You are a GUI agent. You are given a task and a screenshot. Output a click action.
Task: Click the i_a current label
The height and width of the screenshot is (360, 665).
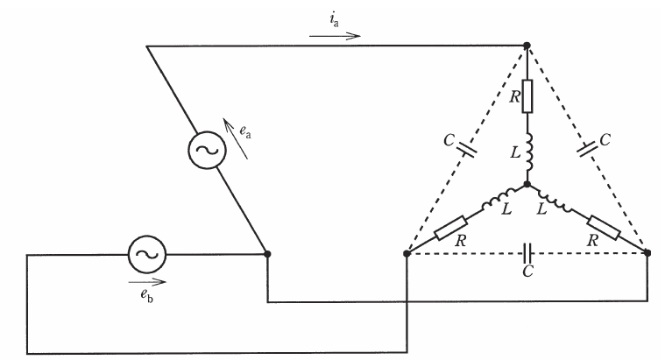pos(334,20)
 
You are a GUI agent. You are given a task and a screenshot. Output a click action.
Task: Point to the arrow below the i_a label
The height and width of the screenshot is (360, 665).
pos(335,36)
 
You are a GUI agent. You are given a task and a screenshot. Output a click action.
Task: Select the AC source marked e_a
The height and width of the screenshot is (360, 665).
pos(207,150)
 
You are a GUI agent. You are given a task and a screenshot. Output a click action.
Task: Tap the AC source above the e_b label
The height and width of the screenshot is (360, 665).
pos(147,254)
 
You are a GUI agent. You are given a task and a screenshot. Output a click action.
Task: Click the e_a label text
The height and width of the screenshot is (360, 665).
pos(245,131)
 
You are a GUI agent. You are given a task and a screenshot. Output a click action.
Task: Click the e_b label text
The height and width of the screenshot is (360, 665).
pos(147,295)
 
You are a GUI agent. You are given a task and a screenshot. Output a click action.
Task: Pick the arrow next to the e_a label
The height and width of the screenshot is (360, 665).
pos(236,139)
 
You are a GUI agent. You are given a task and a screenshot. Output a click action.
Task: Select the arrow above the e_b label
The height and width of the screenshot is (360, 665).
pos(147,281)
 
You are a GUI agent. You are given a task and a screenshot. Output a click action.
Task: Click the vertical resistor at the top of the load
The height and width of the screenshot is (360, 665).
pos(527,96)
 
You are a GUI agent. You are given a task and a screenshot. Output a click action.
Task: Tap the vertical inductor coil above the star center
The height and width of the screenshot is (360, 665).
pos(528,151)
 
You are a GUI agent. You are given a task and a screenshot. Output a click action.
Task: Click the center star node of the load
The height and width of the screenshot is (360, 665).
pos(527,185)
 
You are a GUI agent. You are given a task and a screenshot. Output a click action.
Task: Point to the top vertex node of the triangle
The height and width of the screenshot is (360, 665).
pos(527,45)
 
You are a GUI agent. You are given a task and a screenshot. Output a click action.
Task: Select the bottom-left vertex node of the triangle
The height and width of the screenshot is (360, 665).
pos(407,253)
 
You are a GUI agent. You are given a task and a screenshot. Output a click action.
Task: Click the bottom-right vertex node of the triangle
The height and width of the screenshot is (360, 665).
pos(647,253)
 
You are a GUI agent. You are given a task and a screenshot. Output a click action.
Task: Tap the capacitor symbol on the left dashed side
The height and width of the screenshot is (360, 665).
pos(466,148)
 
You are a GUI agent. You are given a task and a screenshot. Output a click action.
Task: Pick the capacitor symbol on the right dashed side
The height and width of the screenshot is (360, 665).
pos(588,149)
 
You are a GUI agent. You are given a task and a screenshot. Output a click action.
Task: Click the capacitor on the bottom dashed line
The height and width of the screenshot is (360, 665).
pos(527,253)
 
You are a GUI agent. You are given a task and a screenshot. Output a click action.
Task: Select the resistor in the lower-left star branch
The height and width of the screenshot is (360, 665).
pos(451,228)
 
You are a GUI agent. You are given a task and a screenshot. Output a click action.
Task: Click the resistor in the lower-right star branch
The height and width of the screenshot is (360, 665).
pos(604,228)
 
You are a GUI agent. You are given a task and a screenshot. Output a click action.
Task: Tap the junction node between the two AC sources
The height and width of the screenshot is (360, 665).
pos(267,254)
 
